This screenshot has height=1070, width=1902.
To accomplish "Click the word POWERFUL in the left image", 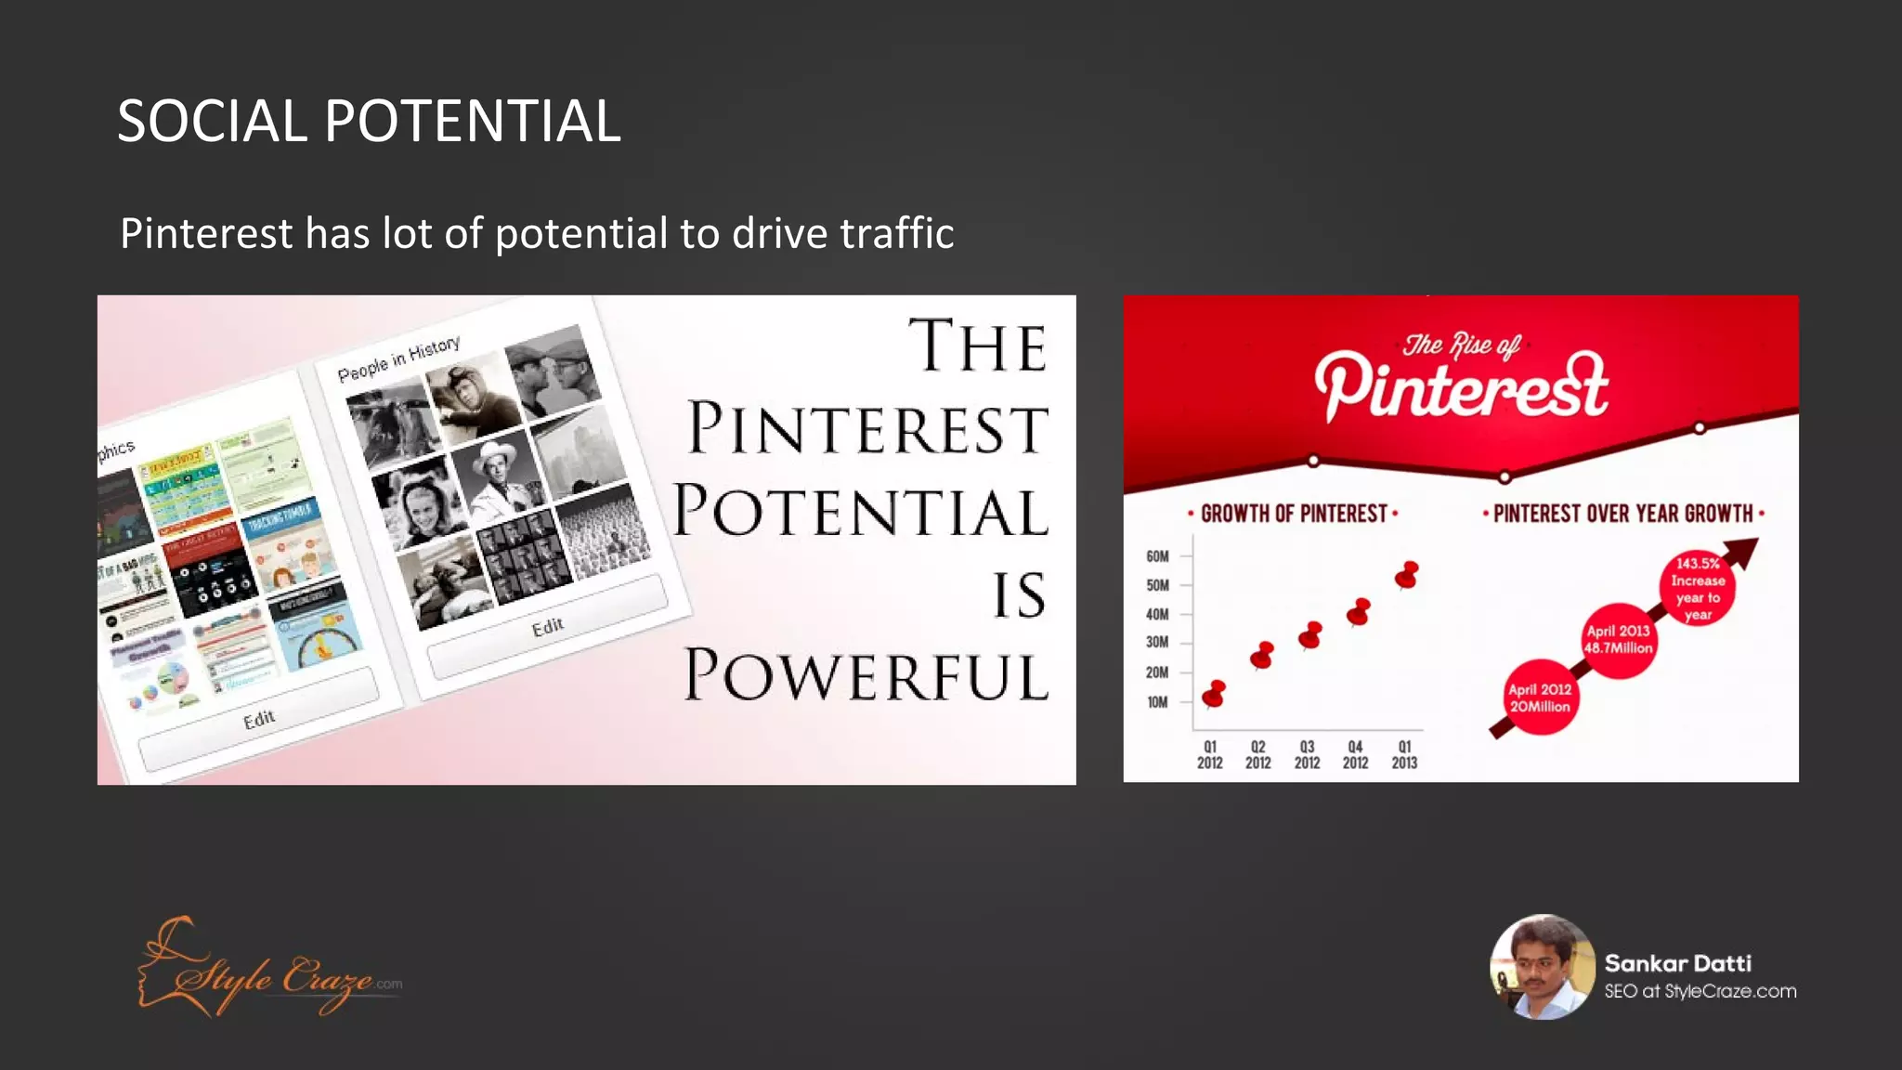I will pos(866,675).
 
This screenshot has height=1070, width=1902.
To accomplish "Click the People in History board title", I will pos(398,359).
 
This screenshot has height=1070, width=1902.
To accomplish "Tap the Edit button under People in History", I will pos(547,628).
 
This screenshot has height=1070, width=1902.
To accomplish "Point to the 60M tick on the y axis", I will pos(1157,556).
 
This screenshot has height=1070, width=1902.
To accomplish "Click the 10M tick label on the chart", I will pos(1157,702).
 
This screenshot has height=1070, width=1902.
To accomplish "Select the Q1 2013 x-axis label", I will pos(1404,754).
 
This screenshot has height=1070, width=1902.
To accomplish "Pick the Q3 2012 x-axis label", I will pos(1307,754).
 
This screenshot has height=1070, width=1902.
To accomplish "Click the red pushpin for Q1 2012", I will pos(1213,694).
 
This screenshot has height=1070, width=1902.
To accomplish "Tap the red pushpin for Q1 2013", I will pos(1407,575).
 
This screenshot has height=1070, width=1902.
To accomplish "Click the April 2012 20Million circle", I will pos(1539,698).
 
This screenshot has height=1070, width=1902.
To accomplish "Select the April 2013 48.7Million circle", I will pos(1619,640).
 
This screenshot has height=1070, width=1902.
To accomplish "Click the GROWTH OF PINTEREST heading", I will pos(1293,514).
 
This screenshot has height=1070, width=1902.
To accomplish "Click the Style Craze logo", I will pos(269,971).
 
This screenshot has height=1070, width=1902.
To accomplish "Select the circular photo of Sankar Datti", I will pos(1542,967).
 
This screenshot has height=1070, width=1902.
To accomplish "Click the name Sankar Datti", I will pos(1677,963).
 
